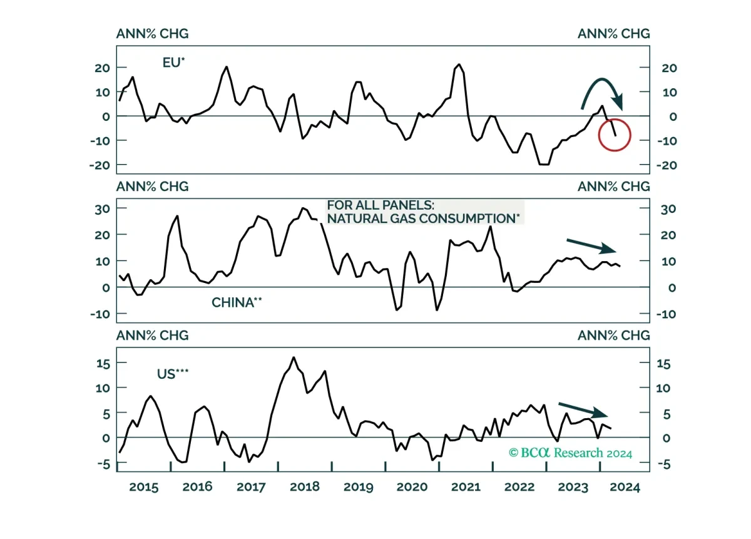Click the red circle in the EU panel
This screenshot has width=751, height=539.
599,135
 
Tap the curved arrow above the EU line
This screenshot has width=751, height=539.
602,80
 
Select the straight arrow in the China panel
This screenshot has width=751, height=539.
591,245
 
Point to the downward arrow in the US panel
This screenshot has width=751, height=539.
583,409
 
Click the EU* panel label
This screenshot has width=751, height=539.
173,63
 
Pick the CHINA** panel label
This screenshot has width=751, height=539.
237,302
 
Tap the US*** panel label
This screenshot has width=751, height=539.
173,374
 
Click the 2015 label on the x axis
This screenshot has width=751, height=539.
143,487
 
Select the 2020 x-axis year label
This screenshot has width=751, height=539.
412,487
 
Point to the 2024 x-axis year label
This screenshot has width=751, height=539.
625,487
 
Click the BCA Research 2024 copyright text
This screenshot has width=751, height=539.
570,453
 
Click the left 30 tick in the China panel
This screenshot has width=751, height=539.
102,209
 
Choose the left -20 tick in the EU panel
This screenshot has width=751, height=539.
100,165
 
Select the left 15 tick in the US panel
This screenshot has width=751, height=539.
103,364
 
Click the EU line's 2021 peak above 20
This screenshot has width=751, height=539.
459,64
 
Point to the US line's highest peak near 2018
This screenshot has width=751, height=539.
294,357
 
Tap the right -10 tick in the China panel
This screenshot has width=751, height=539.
666,314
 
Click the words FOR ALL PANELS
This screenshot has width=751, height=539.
381,205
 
